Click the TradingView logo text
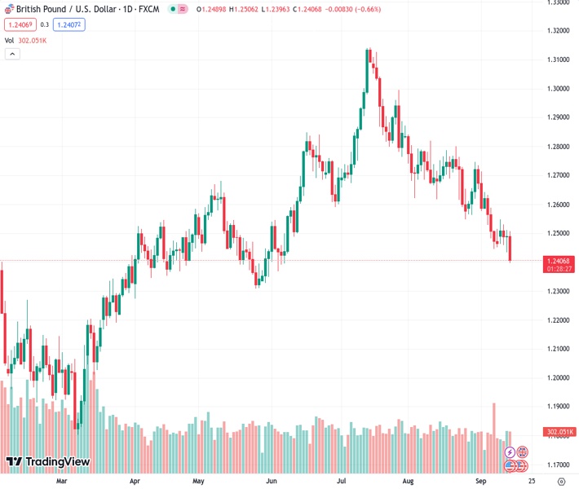(x=57, y=462)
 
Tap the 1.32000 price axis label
(x=558, y=31)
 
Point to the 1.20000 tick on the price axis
(x=558, y=378)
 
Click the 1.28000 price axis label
(x=558, y=147)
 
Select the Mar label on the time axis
(x=61, y=481)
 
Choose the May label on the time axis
(x=198, y=481)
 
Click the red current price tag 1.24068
(x=560, y=261)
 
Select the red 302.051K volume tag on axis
(x=559, y=432)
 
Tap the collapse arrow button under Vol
(x=12, y=54)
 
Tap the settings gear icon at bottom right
(x=560, y=482)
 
